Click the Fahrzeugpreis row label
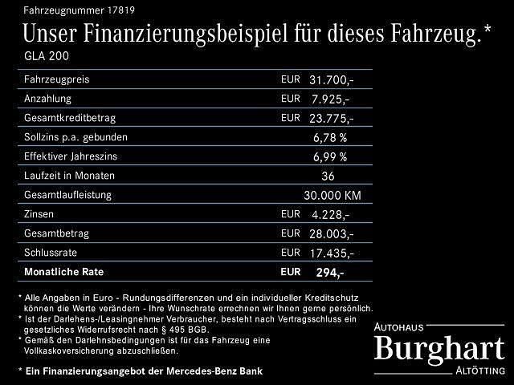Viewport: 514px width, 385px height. coord(56,80)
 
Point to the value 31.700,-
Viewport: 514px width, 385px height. coord(331,80)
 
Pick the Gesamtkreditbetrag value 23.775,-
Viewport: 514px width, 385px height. coord(331,118)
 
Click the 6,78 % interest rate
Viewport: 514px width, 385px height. coord(330,138)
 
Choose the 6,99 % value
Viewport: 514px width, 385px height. coord(330,156)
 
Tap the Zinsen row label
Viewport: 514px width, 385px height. coord(40,213)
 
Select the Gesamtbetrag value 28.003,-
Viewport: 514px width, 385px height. coord(331,233)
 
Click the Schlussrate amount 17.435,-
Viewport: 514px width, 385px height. coord(331,253)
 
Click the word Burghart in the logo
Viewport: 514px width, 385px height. coord(440,348)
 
